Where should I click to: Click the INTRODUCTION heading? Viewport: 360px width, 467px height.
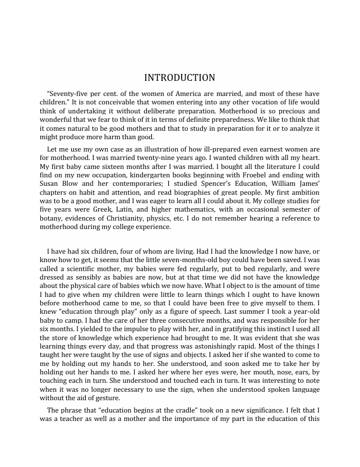coord(179,77)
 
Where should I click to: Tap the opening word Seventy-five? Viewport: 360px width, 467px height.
coord(68,94)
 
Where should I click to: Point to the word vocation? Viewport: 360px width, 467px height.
coord(260,102)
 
